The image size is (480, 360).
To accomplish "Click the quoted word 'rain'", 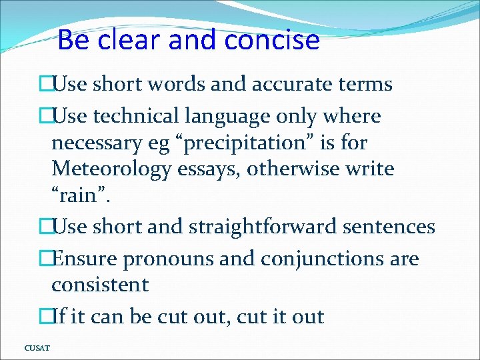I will [x=79, y=196].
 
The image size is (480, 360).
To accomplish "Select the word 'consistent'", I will [x=100, y=285].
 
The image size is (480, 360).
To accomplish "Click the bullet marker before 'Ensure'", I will [x=45, y=259].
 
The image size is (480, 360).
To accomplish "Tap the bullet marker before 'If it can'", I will [x=45, y=316].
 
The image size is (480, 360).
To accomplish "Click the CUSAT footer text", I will [x=37, y=347].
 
